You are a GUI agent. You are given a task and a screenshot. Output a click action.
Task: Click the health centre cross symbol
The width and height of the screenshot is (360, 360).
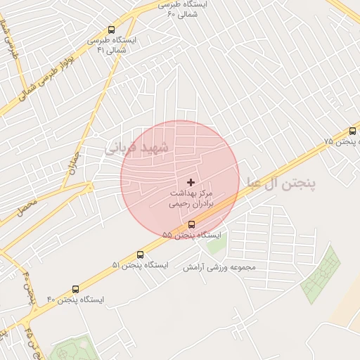click(x=191, y=183)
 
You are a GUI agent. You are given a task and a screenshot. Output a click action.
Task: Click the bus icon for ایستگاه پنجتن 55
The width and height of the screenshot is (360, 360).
click(x=192, y=224)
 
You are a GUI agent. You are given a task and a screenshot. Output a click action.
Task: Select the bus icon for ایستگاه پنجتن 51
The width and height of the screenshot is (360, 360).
click(x=140, y=255)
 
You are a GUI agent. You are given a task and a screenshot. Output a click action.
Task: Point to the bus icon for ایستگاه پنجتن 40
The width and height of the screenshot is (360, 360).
click(x=76, y=289)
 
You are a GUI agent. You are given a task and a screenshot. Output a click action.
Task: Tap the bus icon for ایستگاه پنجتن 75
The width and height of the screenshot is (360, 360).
click(x=352, y=131)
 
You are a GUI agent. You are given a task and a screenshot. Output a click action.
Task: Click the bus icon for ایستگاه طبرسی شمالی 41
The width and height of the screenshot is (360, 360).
click(x=111, y=30)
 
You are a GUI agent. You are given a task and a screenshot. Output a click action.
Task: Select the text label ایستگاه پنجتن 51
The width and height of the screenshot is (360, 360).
click(x=141, y=265)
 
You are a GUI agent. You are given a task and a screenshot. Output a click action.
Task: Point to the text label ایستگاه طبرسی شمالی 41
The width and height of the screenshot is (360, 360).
click(x=112, y=45)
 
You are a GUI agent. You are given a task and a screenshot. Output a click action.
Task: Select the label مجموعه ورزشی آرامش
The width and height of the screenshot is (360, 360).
click(x=219, y=268)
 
